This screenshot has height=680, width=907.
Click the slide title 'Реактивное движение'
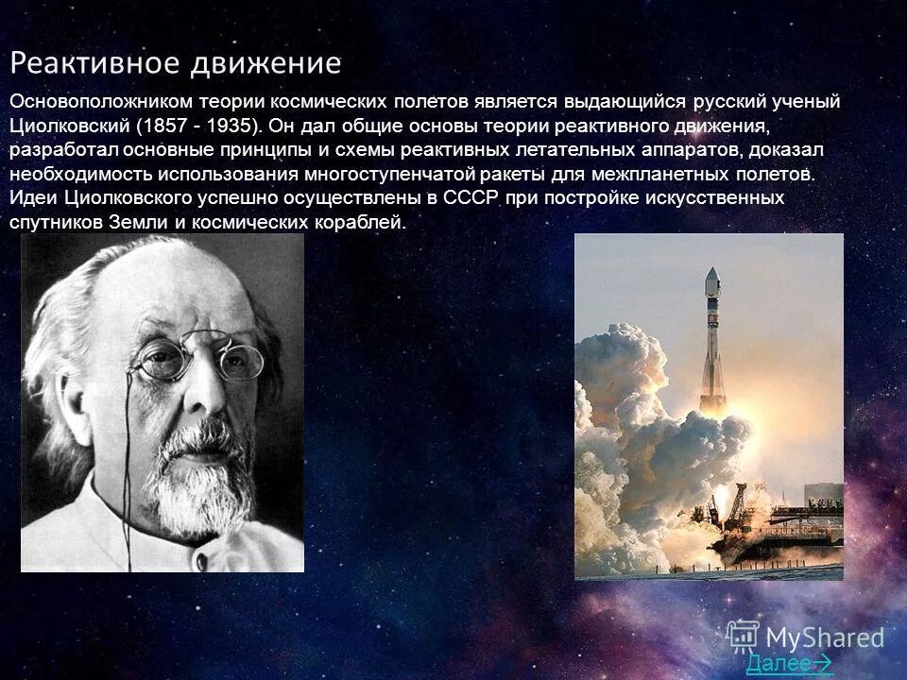click(x=176, y=63)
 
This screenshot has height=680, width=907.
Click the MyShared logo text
click(x=824, y=637)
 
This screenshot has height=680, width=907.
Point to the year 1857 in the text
click(x=167, y=126)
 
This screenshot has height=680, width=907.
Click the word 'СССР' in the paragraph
click(x=471, y=198)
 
